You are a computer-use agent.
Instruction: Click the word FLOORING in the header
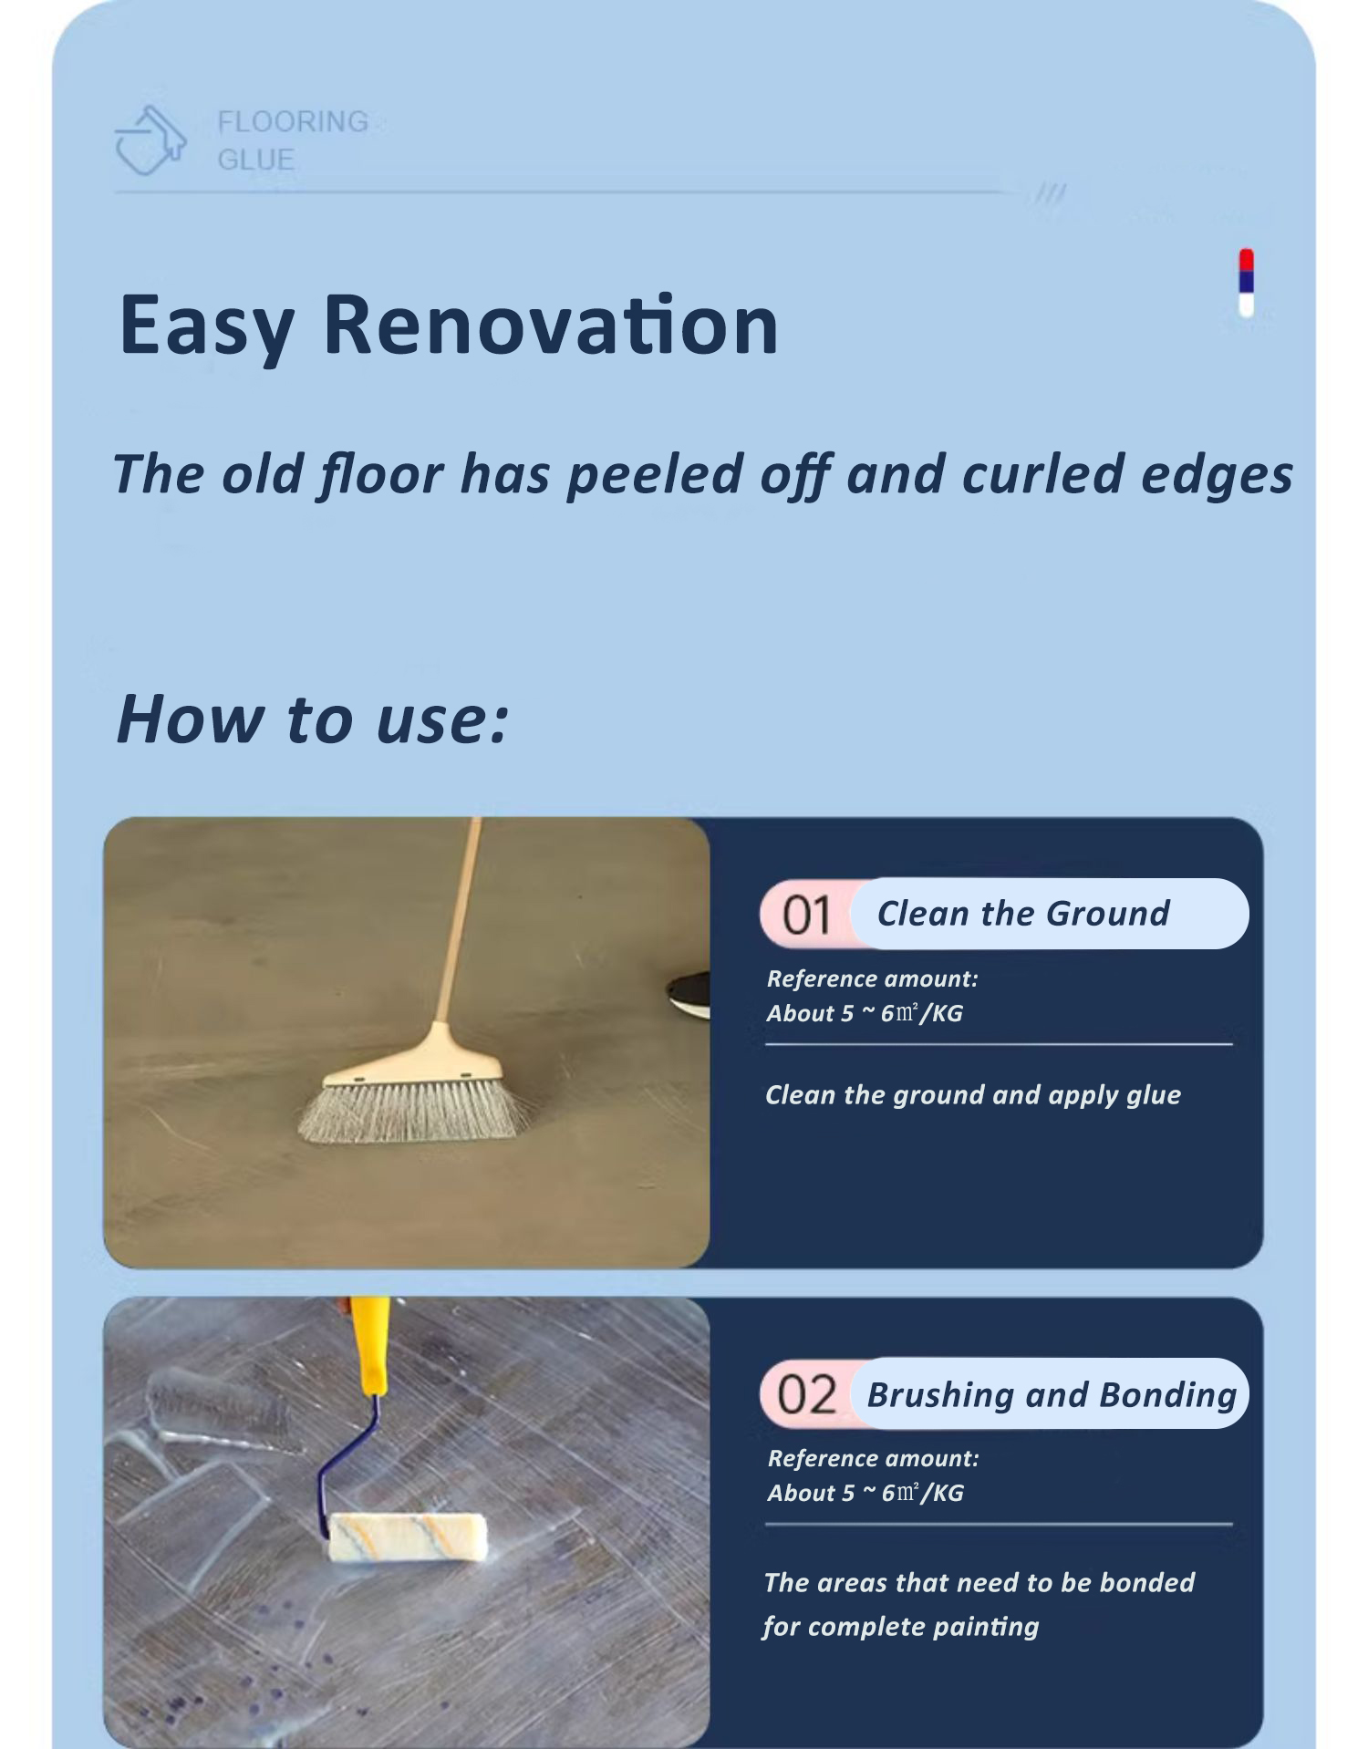tap(293, 121)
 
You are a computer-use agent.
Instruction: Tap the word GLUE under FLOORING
tap(255, 160)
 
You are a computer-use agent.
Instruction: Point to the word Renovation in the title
tap(551, 324)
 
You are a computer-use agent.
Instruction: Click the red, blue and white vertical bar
tap(1246, 283)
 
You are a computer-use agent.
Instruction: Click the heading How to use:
tap(312, 719)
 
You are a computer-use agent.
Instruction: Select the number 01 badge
tap(806, 915)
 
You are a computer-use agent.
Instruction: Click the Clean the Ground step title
tap(1022, 914)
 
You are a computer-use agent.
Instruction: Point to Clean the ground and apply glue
tap(972, 1094)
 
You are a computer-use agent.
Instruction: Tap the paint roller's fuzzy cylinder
tap(407, 1536)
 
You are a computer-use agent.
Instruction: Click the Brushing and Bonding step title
tap(1052, 1395)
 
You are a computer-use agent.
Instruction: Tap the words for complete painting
tap(901, 1626)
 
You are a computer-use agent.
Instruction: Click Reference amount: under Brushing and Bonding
tap(873, 1458)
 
